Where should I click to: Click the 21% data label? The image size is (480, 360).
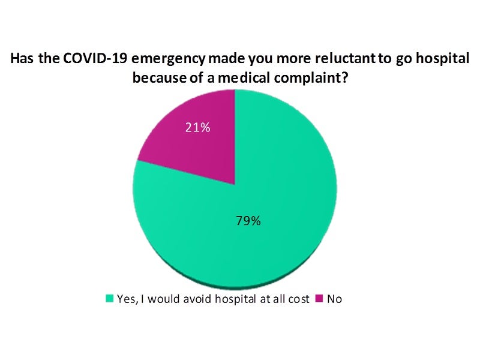(197, 128)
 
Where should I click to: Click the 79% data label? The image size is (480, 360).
(247, 221)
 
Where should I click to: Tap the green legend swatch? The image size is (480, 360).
(110, 298)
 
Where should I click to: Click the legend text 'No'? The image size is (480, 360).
(334, 298)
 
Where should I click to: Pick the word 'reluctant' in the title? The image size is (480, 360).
(316, 60)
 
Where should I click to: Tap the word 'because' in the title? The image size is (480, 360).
(158, 78)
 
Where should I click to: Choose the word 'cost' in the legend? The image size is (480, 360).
(300, 298)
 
